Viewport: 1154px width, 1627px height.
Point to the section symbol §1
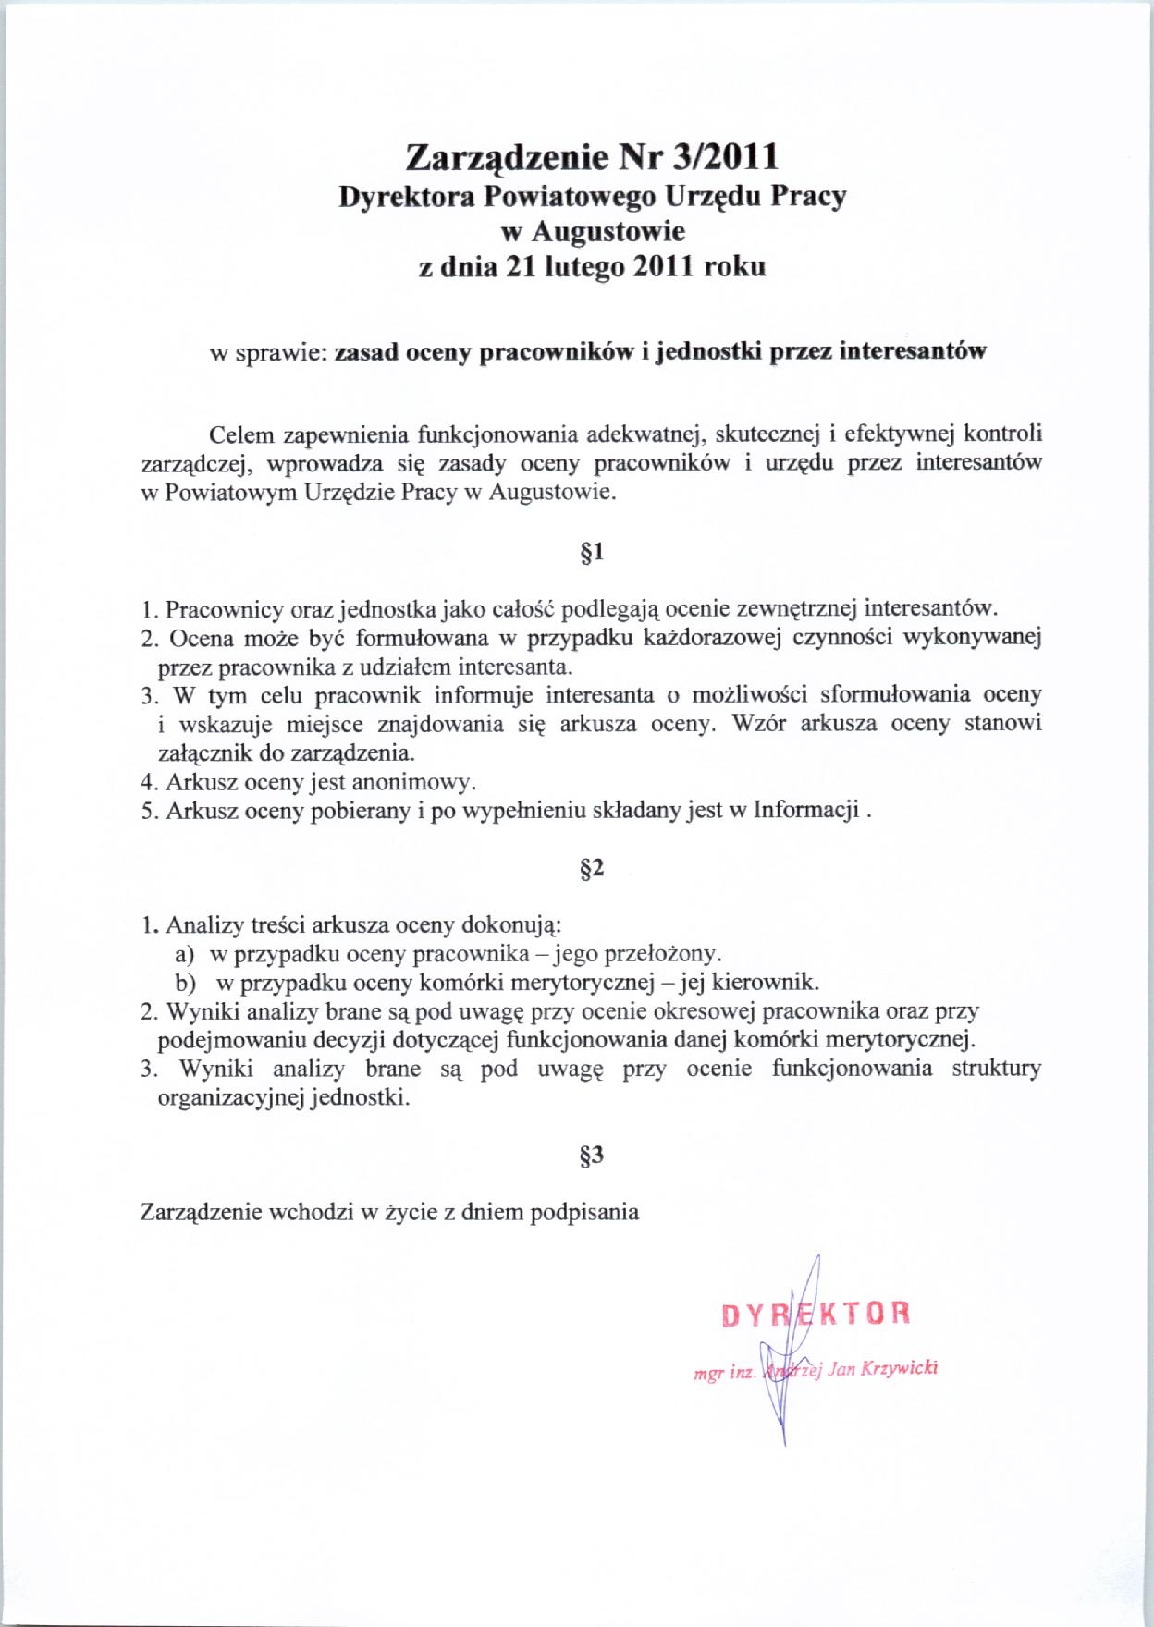(592, 552)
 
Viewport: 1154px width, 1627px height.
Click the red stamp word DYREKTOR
(816, 1314)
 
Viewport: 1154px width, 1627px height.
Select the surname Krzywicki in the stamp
(900, 1368)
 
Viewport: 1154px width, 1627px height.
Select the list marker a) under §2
(184, 953)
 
